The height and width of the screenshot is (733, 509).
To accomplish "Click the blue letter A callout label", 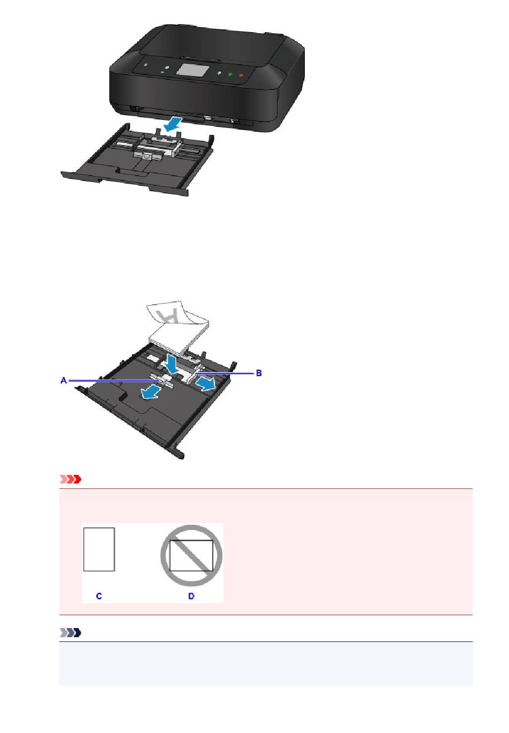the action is tap(64, 380).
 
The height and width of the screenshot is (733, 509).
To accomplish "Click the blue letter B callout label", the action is tap(258, 373).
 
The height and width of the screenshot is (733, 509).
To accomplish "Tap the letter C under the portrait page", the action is tap(99, 596).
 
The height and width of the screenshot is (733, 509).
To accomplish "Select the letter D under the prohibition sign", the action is tap(191, 596).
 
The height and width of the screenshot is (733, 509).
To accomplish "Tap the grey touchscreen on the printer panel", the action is tap(192, 70).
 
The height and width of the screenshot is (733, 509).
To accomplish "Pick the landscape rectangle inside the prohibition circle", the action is tap(191, 555).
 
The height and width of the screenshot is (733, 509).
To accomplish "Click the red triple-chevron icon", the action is tap(70, 479).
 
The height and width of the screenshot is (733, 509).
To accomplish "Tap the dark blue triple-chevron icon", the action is tap(70, 632).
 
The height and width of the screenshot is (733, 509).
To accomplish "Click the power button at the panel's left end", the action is tap(145, 65).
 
